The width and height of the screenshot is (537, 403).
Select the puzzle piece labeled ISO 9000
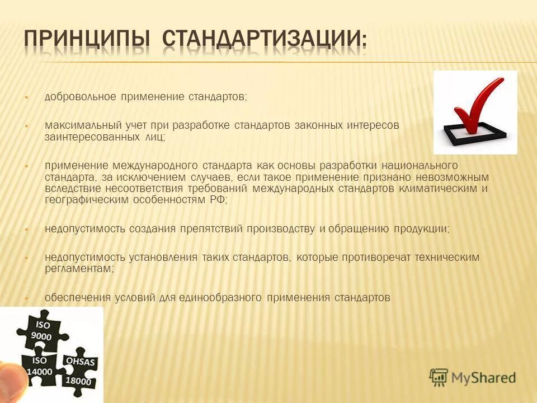click(43, 330)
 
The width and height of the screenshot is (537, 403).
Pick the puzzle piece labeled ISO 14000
click(39, 367)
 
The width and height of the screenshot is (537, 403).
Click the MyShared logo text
click(484, 378)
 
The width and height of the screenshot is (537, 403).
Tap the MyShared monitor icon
click(439, 377)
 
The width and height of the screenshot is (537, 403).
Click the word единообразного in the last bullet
click(220, 297)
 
